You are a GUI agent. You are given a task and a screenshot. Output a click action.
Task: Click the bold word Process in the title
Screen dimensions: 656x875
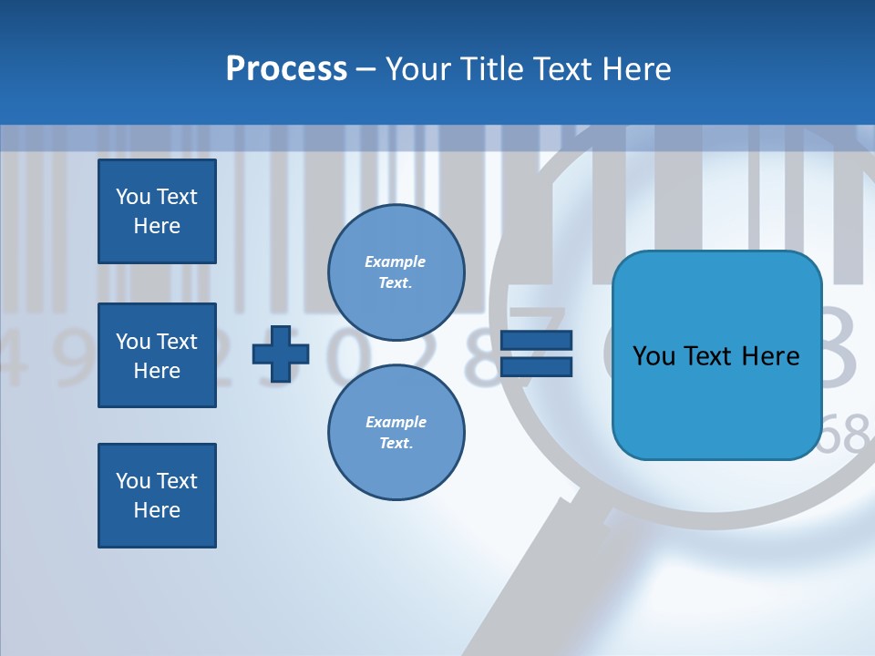286,69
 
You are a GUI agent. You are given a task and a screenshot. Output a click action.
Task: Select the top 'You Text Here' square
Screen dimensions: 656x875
157,211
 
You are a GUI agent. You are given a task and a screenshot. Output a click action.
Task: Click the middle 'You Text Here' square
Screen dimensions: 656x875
157,355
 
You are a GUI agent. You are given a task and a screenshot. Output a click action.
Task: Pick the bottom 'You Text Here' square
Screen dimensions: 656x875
157,496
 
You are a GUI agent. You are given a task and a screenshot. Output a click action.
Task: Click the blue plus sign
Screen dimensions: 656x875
281,354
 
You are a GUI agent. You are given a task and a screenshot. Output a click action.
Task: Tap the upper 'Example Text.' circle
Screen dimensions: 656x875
396,272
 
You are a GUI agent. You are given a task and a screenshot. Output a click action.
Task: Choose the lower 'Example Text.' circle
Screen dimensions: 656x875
396,432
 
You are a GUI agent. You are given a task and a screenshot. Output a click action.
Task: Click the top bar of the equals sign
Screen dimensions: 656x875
537,340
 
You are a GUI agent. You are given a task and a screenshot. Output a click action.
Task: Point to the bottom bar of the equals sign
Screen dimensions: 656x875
537,366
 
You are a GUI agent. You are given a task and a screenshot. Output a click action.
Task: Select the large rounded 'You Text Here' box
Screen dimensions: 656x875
716,355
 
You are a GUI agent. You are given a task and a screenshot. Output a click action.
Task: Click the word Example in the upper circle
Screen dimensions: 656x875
396,261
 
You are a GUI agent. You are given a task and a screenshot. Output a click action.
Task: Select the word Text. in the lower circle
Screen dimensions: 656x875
396,443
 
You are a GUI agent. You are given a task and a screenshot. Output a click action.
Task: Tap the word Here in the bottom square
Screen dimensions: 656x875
157,510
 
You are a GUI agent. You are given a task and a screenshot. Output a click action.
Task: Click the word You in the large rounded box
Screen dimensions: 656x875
653,355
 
